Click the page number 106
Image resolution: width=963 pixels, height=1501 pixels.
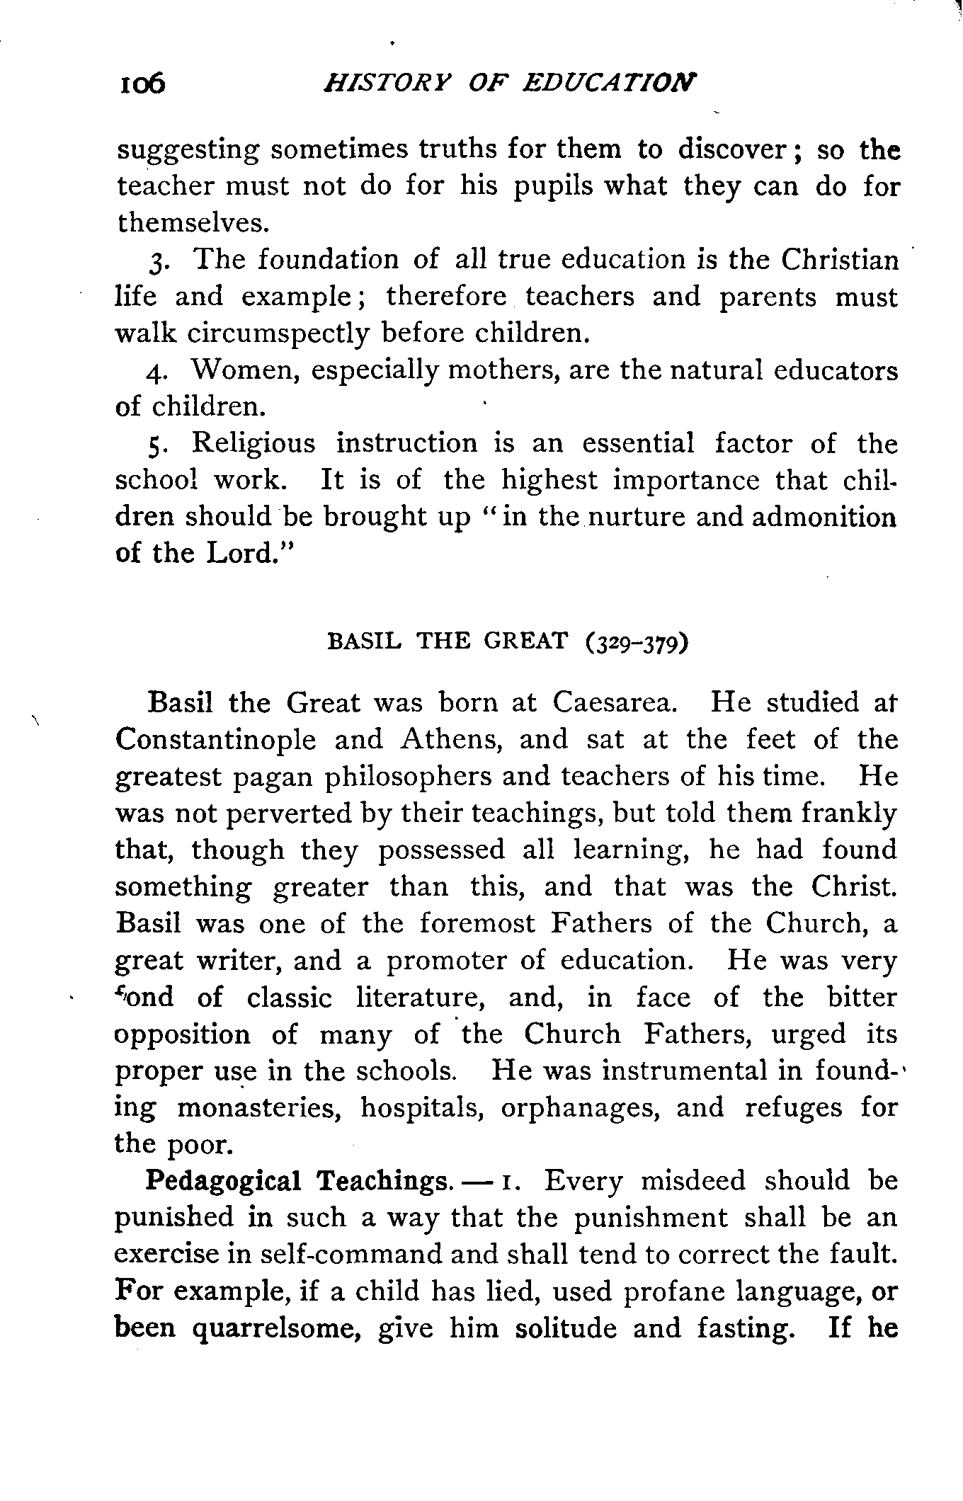142,85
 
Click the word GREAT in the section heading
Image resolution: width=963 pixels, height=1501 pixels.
526,641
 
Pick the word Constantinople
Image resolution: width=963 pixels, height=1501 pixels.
215,740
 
